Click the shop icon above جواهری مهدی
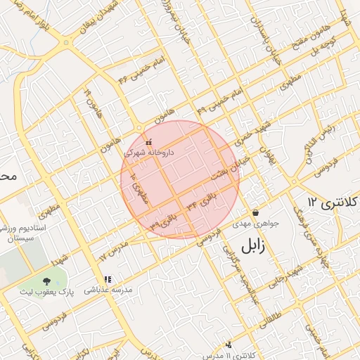[x=255, y=212]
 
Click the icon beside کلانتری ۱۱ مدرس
[x=229, y=345]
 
